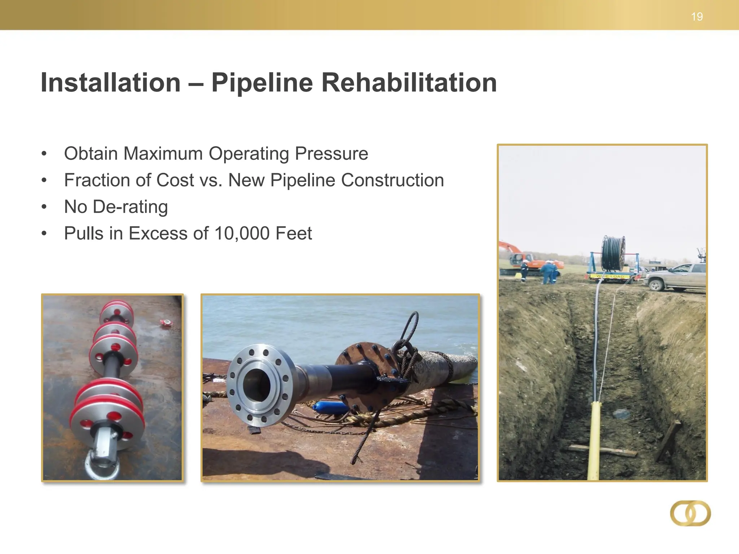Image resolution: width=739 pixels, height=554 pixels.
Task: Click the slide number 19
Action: click(697, 17)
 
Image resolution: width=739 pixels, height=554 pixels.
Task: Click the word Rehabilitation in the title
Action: click(409, 83)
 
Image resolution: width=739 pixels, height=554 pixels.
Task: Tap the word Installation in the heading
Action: click(110, 83)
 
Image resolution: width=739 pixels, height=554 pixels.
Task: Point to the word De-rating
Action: click(130, 207)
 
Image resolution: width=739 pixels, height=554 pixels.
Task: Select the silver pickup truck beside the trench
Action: click(677, 277)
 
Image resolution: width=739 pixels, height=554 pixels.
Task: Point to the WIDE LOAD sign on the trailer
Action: click(610, 276)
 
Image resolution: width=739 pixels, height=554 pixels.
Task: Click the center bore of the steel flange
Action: click(257, 385)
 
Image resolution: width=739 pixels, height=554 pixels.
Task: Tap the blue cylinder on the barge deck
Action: click(330, 408)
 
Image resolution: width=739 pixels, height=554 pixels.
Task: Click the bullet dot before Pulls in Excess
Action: click(44, 234)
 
